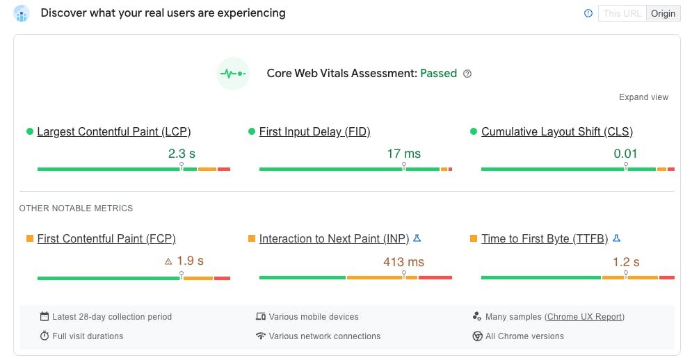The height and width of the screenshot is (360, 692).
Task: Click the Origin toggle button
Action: coord(663,13)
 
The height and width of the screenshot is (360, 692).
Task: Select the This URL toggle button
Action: coord(622,13)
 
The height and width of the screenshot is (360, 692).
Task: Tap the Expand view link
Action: coord(643,97)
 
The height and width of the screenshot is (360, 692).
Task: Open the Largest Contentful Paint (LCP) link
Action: coord(114,131)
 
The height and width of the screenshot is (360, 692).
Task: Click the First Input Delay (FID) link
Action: coord(314,131)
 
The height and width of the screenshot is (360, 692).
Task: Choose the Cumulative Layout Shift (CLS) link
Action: coord(557,131)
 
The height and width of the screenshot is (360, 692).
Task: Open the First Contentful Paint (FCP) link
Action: coord(106,238)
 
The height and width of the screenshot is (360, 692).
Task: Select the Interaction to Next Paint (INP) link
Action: coord(334,238)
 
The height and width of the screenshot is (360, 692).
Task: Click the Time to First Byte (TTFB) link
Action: coord(545,238)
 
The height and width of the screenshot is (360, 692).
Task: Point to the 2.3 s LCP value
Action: coord(182,154)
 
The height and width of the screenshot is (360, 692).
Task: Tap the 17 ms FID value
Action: coord(403,154)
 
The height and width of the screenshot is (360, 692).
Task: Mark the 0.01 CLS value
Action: coord(625,154)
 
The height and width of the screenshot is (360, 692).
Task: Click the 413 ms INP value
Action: coord(403,262)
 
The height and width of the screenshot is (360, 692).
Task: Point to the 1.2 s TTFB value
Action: coord(626,262)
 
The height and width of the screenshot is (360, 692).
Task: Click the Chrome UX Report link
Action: coord(584,317)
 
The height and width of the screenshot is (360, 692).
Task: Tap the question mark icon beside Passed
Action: coord(467,74)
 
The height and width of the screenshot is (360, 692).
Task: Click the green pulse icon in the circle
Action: coord(232,73)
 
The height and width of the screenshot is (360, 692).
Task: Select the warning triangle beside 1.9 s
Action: coord(168,262)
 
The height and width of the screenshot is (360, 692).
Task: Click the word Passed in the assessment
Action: coord(438,73)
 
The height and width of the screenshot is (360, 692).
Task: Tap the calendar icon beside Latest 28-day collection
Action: coord(45,317)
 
